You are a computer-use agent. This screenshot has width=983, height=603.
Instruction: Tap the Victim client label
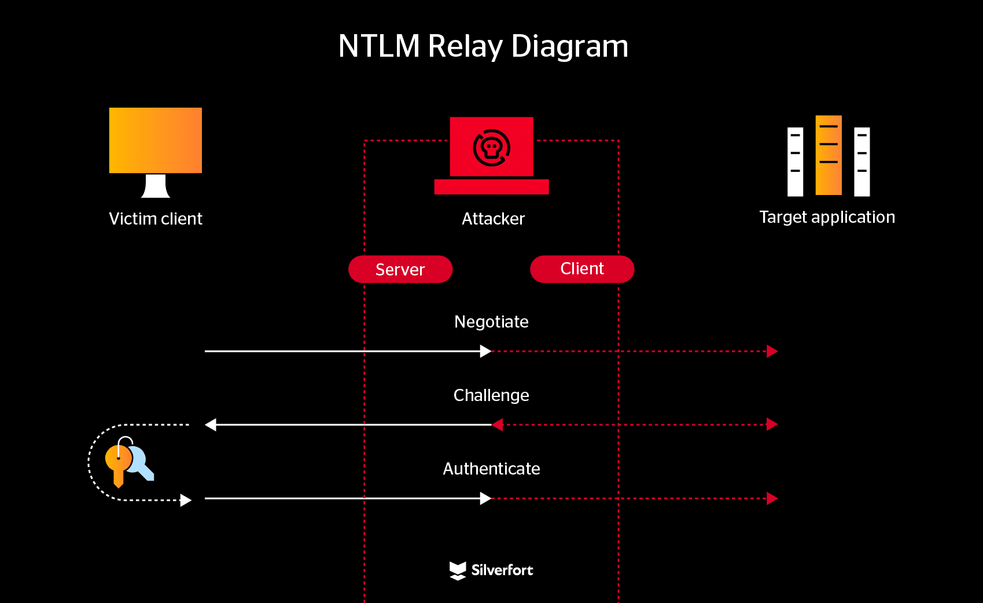156,219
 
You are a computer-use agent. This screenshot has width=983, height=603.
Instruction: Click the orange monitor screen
156,140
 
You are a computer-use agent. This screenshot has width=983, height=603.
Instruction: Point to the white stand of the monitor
156,186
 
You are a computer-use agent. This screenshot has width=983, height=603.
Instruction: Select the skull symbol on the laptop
491,148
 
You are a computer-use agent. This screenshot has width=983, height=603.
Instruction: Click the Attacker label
493,219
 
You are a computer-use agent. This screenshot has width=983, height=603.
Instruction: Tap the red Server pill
400,270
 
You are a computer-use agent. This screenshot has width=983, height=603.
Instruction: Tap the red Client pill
582,269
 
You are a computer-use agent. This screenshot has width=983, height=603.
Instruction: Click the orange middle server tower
829,155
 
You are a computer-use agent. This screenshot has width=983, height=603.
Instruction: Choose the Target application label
827,217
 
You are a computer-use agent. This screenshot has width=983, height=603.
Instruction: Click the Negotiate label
491,322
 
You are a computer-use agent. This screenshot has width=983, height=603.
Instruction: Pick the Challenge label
491,395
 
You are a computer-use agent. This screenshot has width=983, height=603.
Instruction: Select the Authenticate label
491,469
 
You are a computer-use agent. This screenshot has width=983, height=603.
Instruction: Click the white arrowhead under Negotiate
485,351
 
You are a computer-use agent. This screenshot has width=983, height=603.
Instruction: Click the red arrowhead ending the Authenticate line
772,498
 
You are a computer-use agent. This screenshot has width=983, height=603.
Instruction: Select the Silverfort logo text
502,570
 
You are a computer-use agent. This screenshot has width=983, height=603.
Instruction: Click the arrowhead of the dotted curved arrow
185,500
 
